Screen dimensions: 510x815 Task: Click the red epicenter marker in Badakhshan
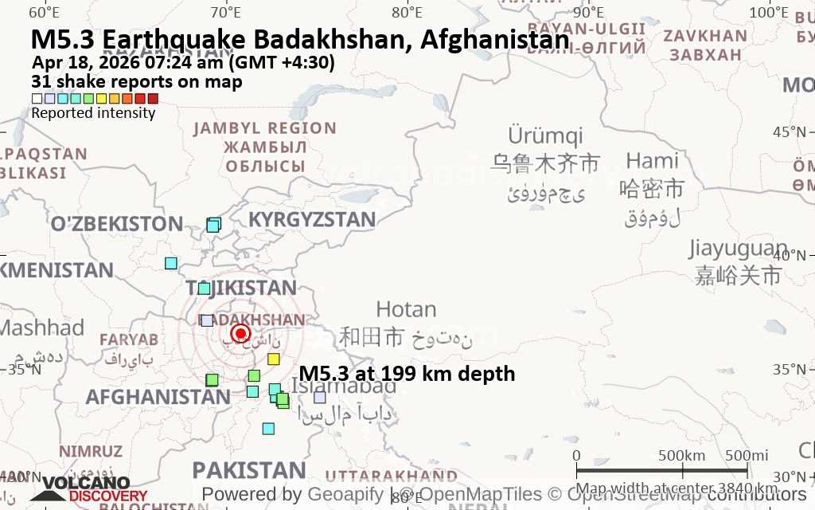(x=240, y=334)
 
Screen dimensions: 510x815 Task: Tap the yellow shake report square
(x=274, y=359)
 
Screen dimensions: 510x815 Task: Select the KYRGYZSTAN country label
(x=312, y=220)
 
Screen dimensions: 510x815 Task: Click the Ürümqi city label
(x=545, y=135)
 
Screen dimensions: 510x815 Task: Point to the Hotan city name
(x=406, y=310)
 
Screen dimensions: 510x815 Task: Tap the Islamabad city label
(x=344, y=387)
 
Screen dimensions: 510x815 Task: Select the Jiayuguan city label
(x=737, y=249)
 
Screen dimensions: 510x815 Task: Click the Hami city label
(x=652, y=161)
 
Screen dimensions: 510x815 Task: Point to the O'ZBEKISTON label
(x=117, y=224)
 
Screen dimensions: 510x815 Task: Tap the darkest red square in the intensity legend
(x=153, y=99)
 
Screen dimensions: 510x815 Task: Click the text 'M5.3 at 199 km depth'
(x=407, y=374)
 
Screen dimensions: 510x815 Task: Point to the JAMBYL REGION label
(x=265, y=128)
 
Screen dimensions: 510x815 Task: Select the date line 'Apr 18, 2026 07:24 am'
(x=183, y=63)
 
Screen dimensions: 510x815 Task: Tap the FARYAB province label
(x=129, y=339)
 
